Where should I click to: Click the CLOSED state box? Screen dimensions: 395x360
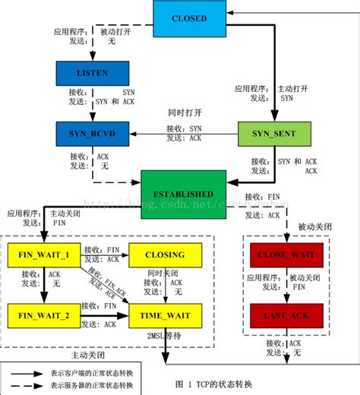click(190, 17)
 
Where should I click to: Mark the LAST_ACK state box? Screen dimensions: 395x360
click(286, 314)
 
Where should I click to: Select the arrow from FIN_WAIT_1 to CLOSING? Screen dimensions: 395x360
click(103, 254)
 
